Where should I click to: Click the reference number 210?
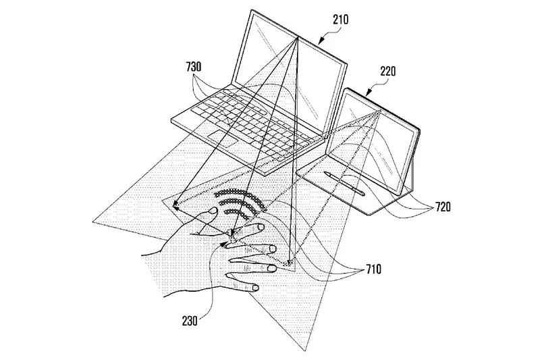click(x=340, y=20)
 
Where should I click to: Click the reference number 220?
click(x=388, y=72)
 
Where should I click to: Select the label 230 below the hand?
click(x=190, y=321)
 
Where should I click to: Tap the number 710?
click(x=374, y=269)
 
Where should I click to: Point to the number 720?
click(x=443, y=207)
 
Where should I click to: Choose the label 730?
click(x=194, y=67)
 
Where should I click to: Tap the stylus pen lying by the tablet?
click(x=344, y=183)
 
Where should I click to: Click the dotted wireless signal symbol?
click(x=241, y=203)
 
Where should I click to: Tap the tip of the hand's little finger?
click(x=256, y=287)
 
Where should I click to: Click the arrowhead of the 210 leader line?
click(x=319, y=43)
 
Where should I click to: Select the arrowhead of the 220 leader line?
click(x=367, y=93)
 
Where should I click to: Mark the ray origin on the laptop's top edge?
click(x=297, y=38)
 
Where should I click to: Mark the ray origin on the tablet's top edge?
click(x=379, y=111)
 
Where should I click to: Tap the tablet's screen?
click(x=373, y=141)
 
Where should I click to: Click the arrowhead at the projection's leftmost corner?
click(x=175, y=207)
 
